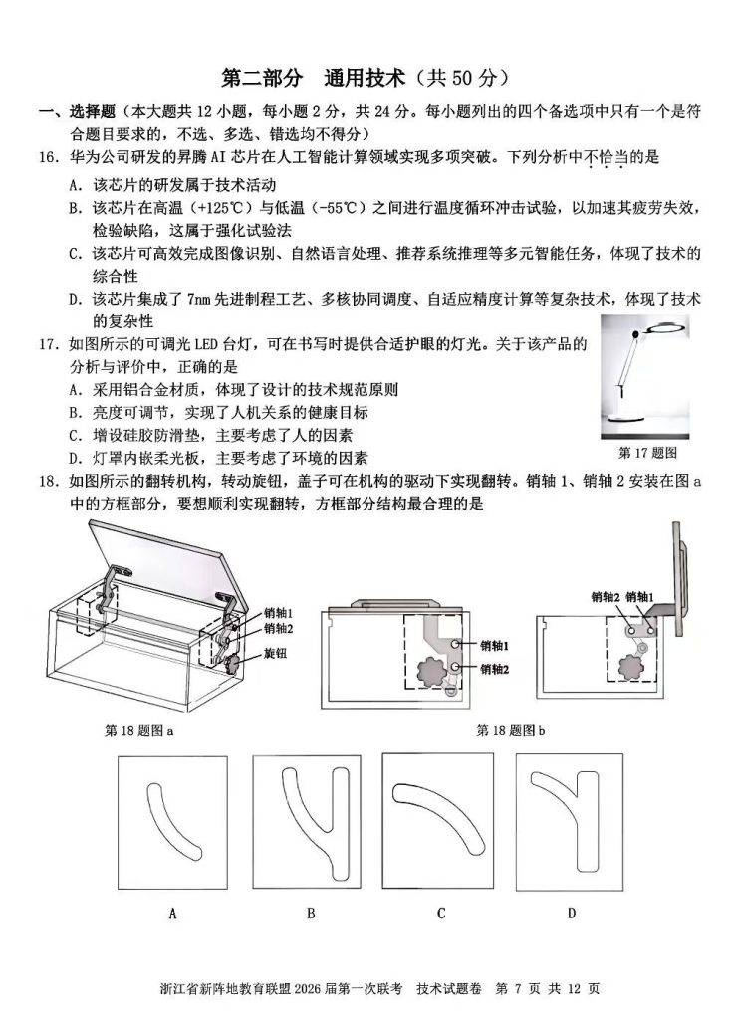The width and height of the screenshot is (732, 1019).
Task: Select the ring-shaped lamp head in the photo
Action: [x=667, y=332]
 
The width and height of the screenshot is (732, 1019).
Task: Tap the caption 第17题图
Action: [x=647, y=453]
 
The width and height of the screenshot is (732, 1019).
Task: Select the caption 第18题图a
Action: [x=139, y=730]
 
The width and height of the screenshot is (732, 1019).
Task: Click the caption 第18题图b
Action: [x=511, y=730]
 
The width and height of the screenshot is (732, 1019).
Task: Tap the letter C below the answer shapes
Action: [x=440, y=914]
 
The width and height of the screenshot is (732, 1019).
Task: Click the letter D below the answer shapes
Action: [x=572, y=914]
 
